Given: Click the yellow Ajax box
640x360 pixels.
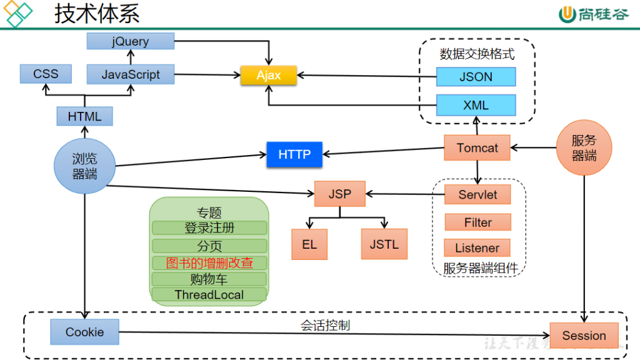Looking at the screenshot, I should coord(268,75).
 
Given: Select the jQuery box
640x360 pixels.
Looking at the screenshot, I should coord(131,42).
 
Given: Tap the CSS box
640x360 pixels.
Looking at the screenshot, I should coord(46,74).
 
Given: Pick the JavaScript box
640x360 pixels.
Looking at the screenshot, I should coord(131,74).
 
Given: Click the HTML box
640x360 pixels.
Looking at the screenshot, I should coord(84,116).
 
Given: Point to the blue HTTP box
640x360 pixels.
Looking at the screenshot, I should coord(294,154).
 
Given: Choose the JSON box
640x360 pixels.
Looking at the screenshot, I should coord(476,77).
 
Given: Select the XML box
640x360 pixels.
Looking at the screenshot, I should coord(476,105).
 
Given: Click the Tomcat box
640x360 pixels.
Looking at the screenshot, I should coord(477,148).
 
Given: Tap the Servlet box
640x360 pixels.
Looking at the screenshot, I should coord(477,194).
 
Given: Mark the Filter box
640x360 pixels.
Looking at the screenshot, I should coord(477,222).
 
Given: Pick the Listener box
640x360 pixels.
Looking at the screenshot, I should coord(477,247).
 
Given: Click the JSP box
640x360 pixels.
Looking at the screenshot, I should coord(339,194).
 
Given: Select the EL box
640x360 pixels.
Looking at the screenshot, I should coord(309,244).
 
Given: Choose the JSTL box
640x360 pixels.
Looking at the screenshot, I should coord(384,244).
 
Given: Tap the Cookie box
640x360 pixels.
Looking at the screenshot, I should coord(84,332).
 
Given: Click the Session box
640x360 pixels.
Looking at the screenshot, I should coord(584,336).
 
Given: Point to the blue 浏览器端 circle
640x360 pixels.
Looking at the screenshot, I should coord(84,166).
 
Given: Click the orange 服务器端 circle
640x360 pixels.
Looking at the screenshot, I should coord(584,148).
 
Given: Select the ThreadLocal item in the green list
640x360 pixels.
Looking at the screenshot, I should coord(209,294).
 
